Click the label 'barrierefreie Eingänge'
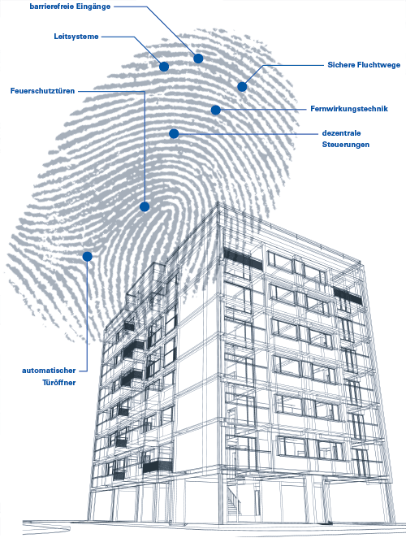(x=70, y=7)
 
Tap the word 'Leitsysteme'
(x=76, y=37)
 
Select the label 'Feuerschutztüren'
(x=42, y=91)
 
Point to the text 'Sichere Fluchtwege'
(x=364, y=65)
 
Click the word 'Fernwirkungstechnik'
(x=349, y=109)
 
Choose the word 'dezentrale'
(x=341, y=133)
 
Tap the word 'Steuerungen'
(x=346, y=145)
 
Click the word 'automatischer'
(x=49, y=371)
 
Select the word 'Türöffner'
(x=59, y=383)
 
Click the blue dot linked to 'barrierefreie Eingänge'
(x=198, y=59)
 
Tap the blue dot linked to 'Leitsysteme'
(x=164, y=67)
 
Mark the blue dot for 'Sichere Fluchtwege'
(x=242, y=87)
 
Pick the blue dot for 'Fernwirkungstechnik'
(x=216, y=110)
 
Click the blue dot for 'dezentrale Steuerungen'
(x=174, y=133)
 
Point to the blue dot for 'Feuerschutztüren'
(x=145, y=206)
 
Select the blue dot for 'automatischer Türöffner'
(x=88, y=256)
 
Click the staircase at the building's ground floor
(x=232, y=501)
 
